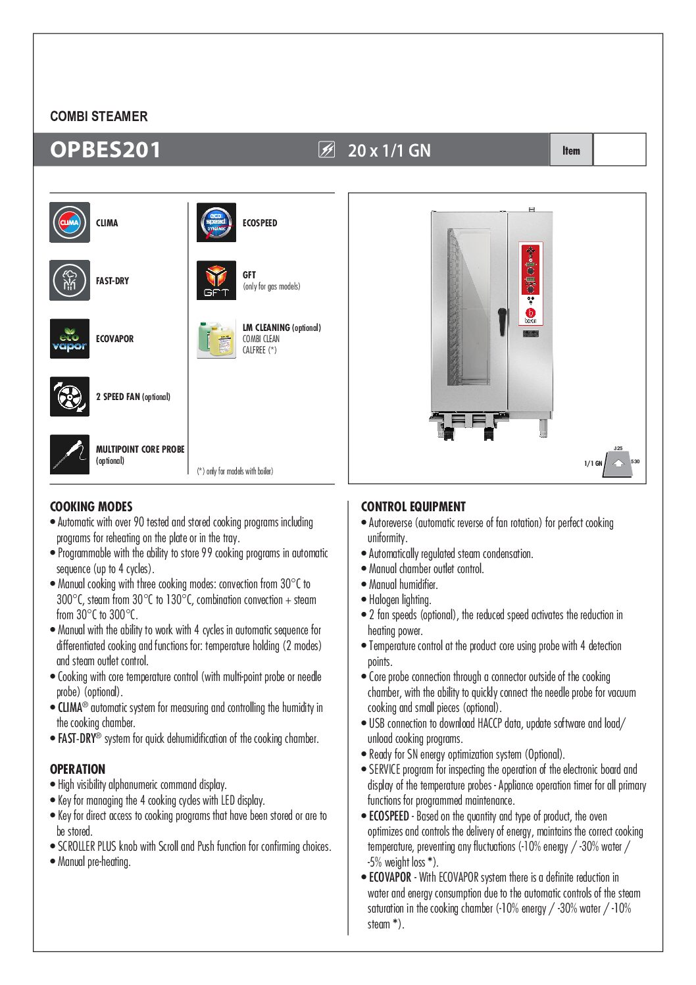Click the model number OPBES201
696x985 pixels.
[x=105, y=150]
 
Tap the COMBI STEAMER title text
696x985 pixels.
[x=99, y=116]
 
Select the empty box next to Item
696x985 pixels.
[x=619, y=149]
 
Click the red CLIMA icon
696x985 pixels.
[x=70, y=222]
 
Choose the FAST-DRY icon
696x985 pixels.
[x=70, y=280]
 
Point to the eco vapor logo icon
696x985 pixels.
[x=70, y=339]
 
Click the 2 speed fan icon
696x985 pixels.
[x=70, y=397]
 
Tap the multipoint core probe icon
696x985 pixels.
[x=70, y=454]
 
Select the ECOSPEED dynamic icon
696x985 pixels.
[x=216, y=222]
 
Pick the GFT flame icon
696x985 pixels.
[x=216, y=280]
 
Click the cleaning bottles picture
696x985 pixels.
[x=216, y=339]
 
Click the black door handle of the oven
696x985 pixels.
[x=501, y=320]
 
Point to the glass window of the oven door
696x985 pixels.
[x=469, y=306]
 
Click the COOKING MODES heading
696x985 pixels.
[x=91, y=507]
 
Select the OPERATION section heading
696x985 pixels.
[x=78, y=769]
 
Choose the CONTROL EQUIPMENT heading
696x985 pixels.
[x=413, y=507]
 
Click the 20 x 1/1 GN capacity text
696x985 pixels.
[x=389, y=151]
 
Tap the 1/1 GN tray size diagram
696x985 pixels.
[x=616, y=463]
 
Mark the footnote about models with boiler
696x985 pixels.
[x=235, y=471]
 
